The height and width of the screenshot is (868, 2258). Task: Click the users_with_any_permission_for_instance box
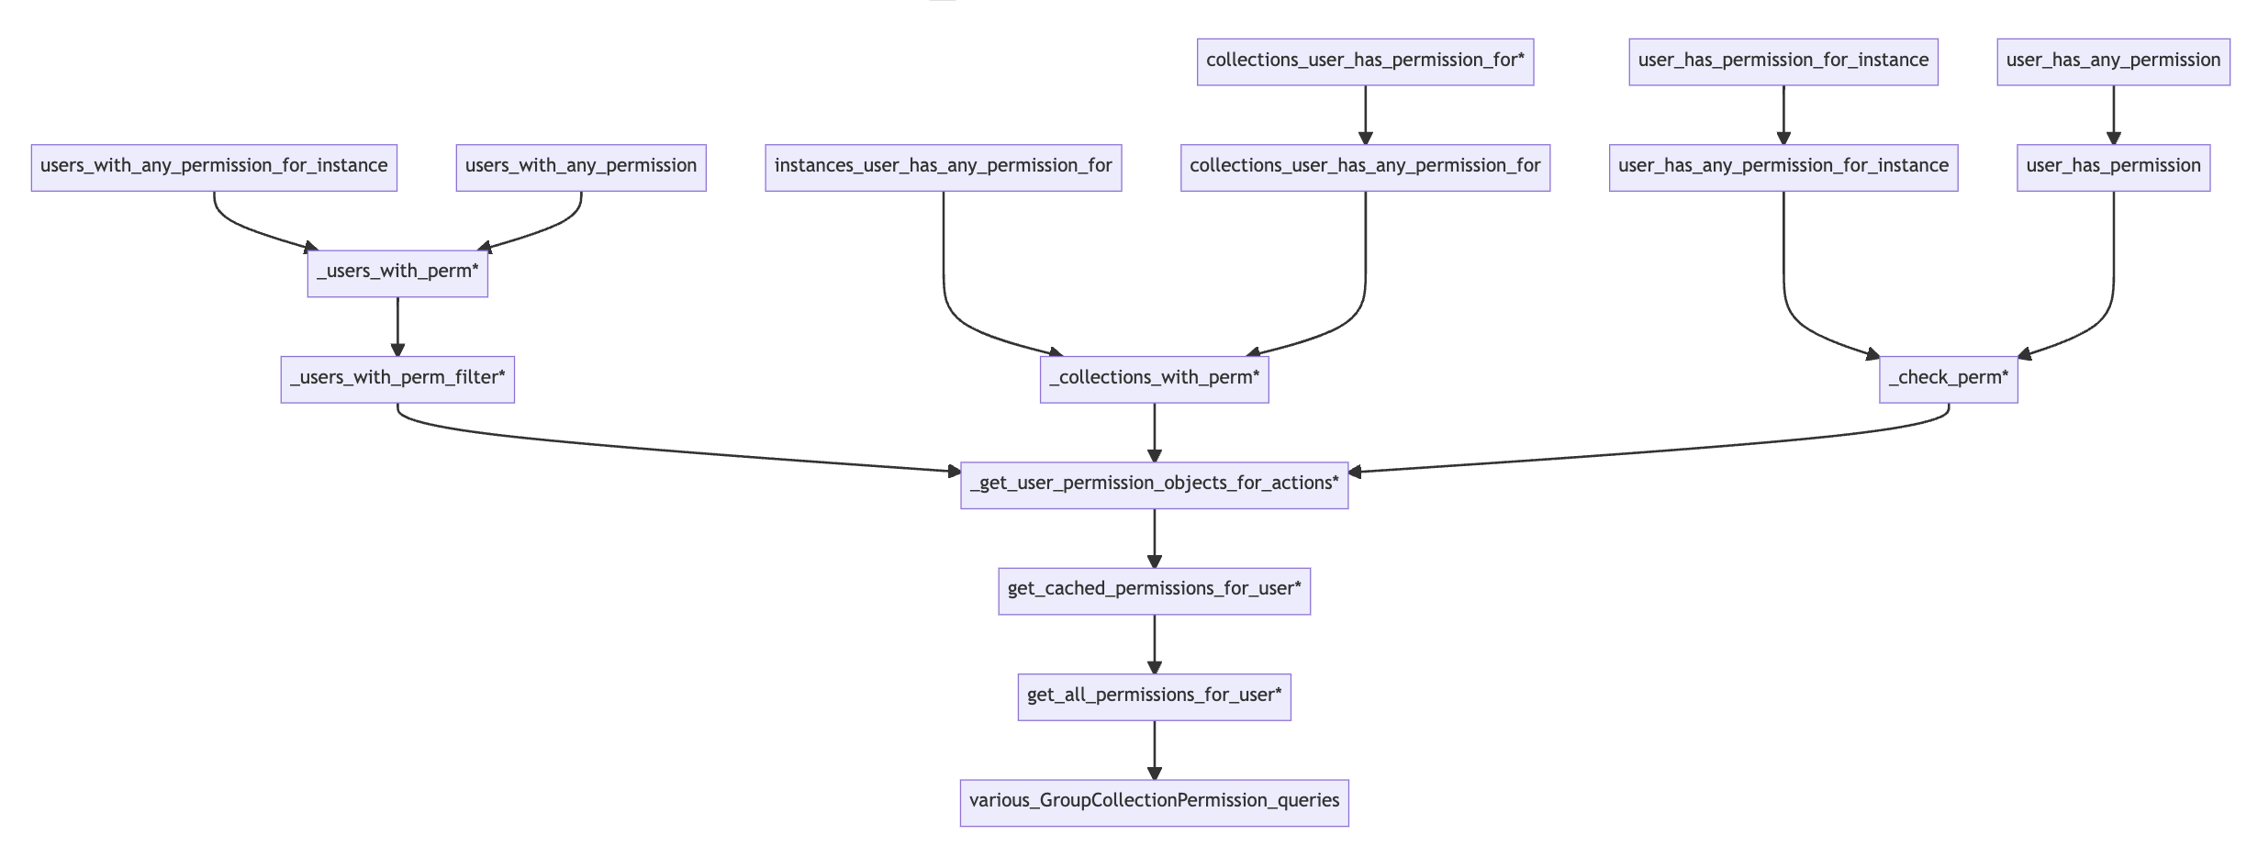point(214,167)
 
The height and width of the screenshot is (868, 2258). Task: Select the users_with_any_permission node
point(581,167)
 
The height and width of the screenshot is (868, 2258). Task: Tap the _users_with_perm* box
point(397,273)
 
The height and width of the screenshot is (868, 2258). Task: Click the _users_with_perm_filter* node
point(397,379)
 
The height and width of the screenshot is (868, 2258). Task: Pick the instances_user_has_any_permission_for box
point(943,167)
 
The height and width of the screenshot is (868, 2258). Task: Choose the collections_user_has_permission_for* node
point(1365,61)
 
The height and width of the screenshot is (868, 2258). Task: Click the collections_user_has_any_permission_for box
point(1365,167)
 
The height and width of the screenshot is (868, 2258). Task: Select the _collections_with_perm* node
point(1154,379)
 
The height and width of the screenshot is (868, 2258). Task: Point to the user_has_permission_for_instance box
point(1783,61)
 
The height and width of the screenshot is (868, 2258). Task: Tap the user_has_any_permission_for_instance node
point(1783,167)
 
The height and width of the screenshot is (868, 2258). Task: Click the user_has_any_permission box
point(2113,61)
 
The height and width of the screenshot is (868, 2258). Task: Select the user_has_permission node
point(2113,167)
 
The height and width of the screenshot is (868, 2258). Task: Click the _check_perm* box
point(1948,379)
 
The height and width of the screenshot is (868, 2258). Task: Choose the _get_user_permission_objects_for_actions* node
point(1154,484)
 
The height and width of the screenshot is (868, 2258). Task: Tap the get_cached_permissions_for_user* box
point(1154,590)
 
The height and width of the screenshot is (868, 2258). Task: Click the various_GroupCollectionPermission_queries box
point(1154,802)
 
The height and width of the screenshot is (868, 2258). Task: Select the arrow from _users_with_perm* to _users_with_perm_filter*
point(397,326)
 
